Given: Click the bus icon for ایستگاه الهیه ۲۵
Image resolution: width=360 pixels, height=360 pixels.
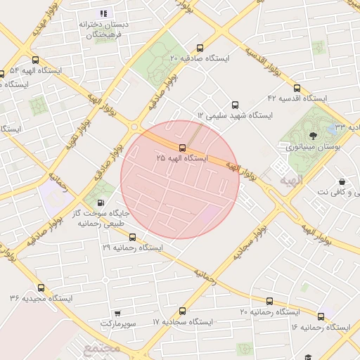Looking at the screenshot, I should tap(183, 148).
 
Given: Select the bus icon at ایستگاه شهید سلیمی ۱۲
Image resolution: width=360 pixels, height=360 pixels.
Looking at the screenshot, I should tap(234, 103).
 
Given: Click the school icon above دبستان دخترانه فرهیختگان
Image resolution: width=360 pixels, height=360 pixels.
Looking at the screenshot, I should tap(104, 13).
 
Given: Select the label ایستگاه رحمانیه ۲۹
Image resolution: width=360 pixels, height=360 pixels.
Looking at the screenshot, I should tap(133, 248).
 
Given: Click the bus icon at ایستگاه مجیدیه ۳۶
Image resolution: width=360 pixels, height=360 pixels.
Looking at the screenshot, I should tap(41, 288).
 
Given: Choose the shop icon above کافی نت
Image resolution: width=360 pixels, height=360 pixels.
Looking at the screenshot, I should tap(341, 181).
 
